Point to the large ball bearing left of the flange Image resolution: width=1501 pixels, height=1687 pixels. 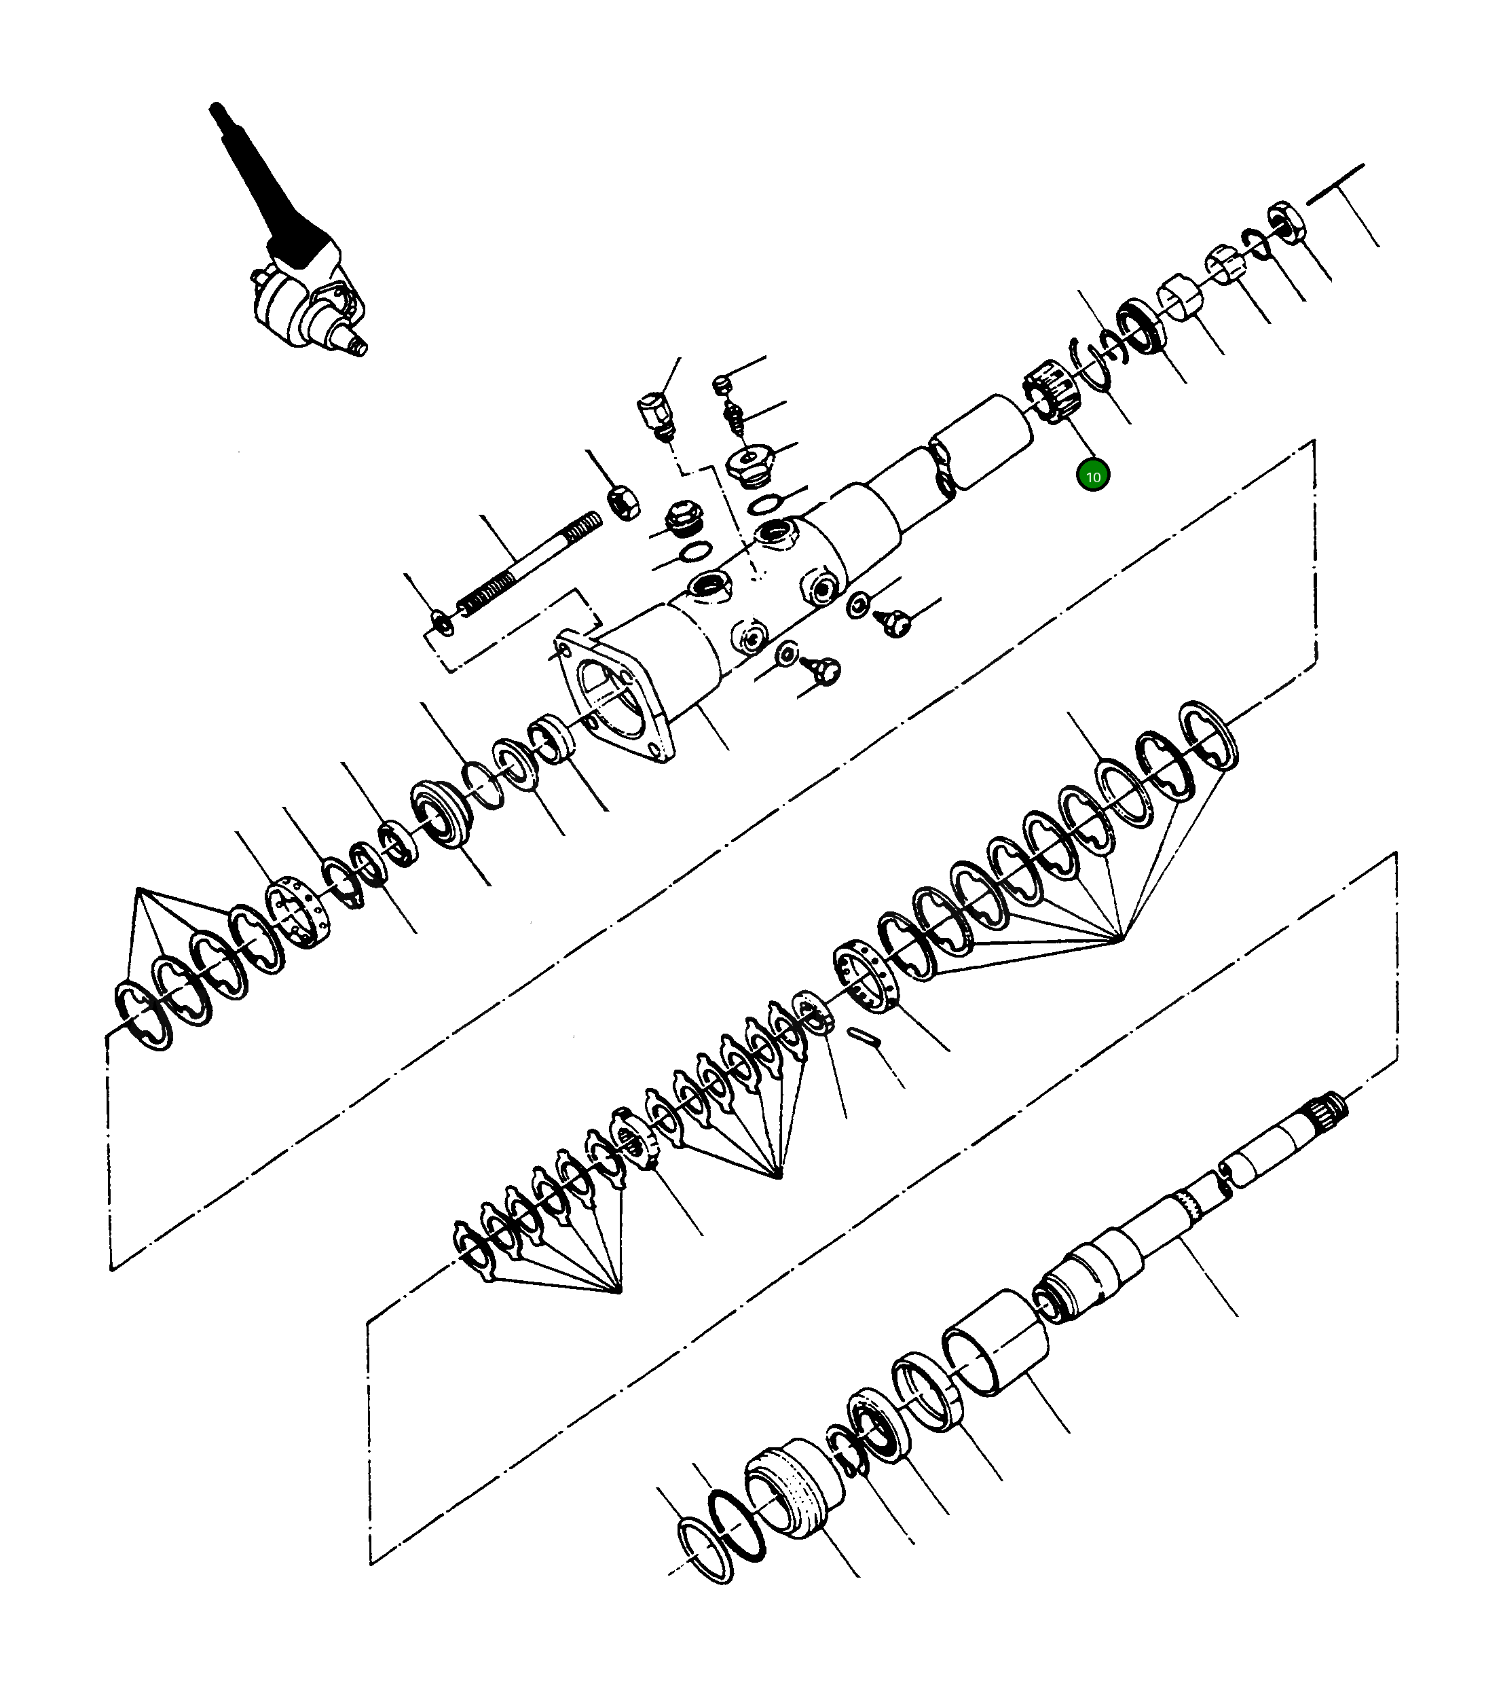click(441, 814)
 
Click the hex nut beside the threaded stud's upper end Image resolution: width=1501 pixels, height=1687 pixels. click(623, 503)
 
